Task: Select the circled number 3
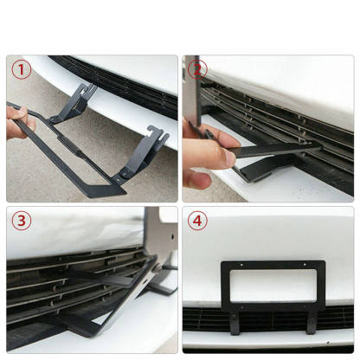(x=21, y=220)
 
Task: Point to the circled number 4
(x=198, y=220)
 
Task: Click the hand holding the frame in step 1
(x=17, y=126)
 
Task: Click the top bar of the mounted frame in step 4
(x=273, y=265)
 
